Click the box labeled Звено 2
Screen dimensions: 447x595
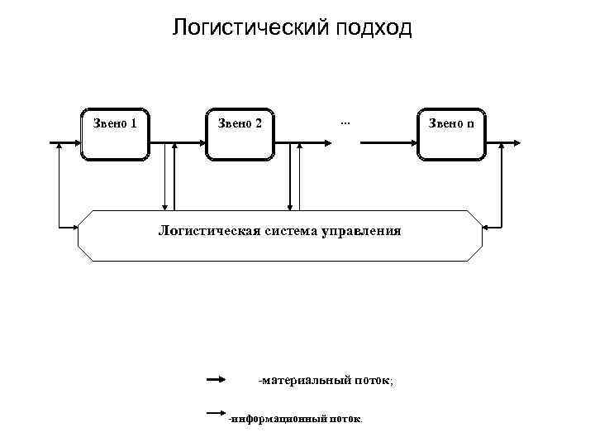coord(240,132)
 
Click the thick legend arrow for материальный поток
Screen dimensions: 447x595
coord(216,380)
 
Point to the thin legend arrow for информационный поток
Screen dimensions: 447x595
coord(216,411)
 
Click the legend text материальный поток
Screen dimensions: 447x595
coord(326,381)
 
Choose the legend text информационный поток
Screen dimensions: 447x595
coord(295,420)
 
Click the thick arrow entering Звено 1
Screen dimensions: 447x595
coord(66,142)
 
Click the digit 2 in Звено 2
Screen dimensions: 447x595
coord(259,124)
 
